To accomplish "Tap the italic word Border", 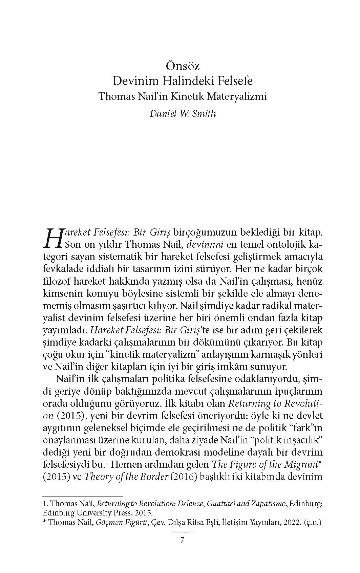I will click(x=152, y=477).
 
